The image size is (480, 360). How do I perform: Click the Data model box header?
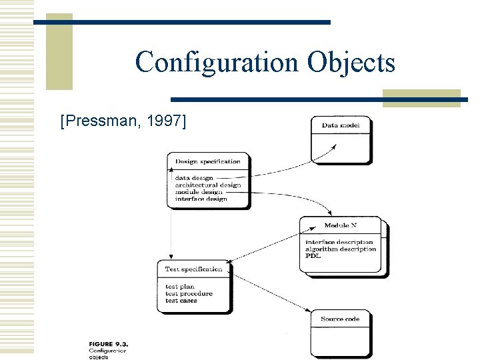click(340, 125)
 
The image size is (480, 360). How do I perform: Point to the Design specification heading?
click(207, 161)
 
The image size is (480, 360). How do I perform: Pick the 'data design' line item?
click(194, 178)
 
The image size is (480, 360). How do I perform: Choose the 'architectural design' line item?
click(207, 185)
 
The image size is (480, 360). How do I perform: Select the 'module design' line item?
click(199, 192)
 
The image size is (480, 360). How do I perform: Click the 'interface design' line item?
click(201, 199)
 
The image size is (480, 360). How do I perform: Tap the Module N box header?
click(341, 225)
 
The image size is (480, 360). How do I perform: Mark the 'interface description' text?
click(339, 242)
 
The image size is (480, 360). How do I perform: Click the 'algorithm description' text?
click(341, 249)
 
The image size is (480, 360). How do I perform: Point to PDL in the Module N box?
click(313, 256)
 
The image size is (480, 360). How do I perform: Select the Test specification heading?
click(194, 269)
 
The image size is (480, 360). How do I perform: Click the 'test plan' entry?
click(180, 287)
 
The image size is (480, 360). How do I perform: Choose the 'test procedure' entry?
click(189, 293)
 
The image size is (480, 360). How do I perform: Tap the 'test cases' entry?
click(181, 301)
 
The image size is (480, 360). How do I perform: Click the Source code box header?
click(340, 319)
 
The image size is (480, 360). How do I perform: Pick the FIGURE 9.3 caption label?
click(107, 344)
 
